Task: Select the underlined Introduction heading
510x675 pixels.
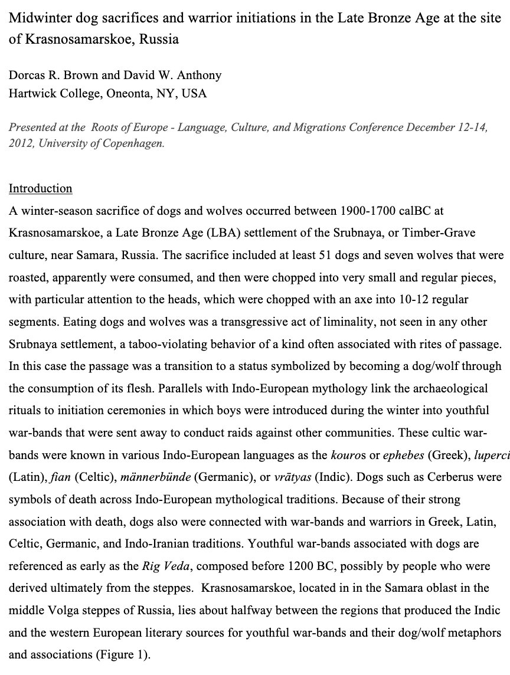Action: [40, 189]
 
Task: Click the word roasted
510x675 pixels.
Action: [27, 278]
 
